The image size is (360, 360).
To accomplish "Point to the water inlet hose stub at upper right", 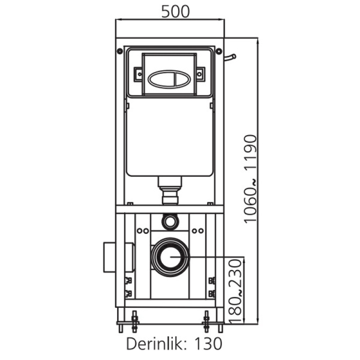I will [230, 58].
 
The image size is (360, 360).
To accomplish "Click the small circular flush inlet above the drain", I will [170, 221].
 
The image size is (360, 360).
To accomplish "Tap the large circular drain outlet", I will [169, 256].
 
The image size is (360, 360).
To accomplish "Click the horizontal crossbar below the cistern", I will [169, 209].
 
